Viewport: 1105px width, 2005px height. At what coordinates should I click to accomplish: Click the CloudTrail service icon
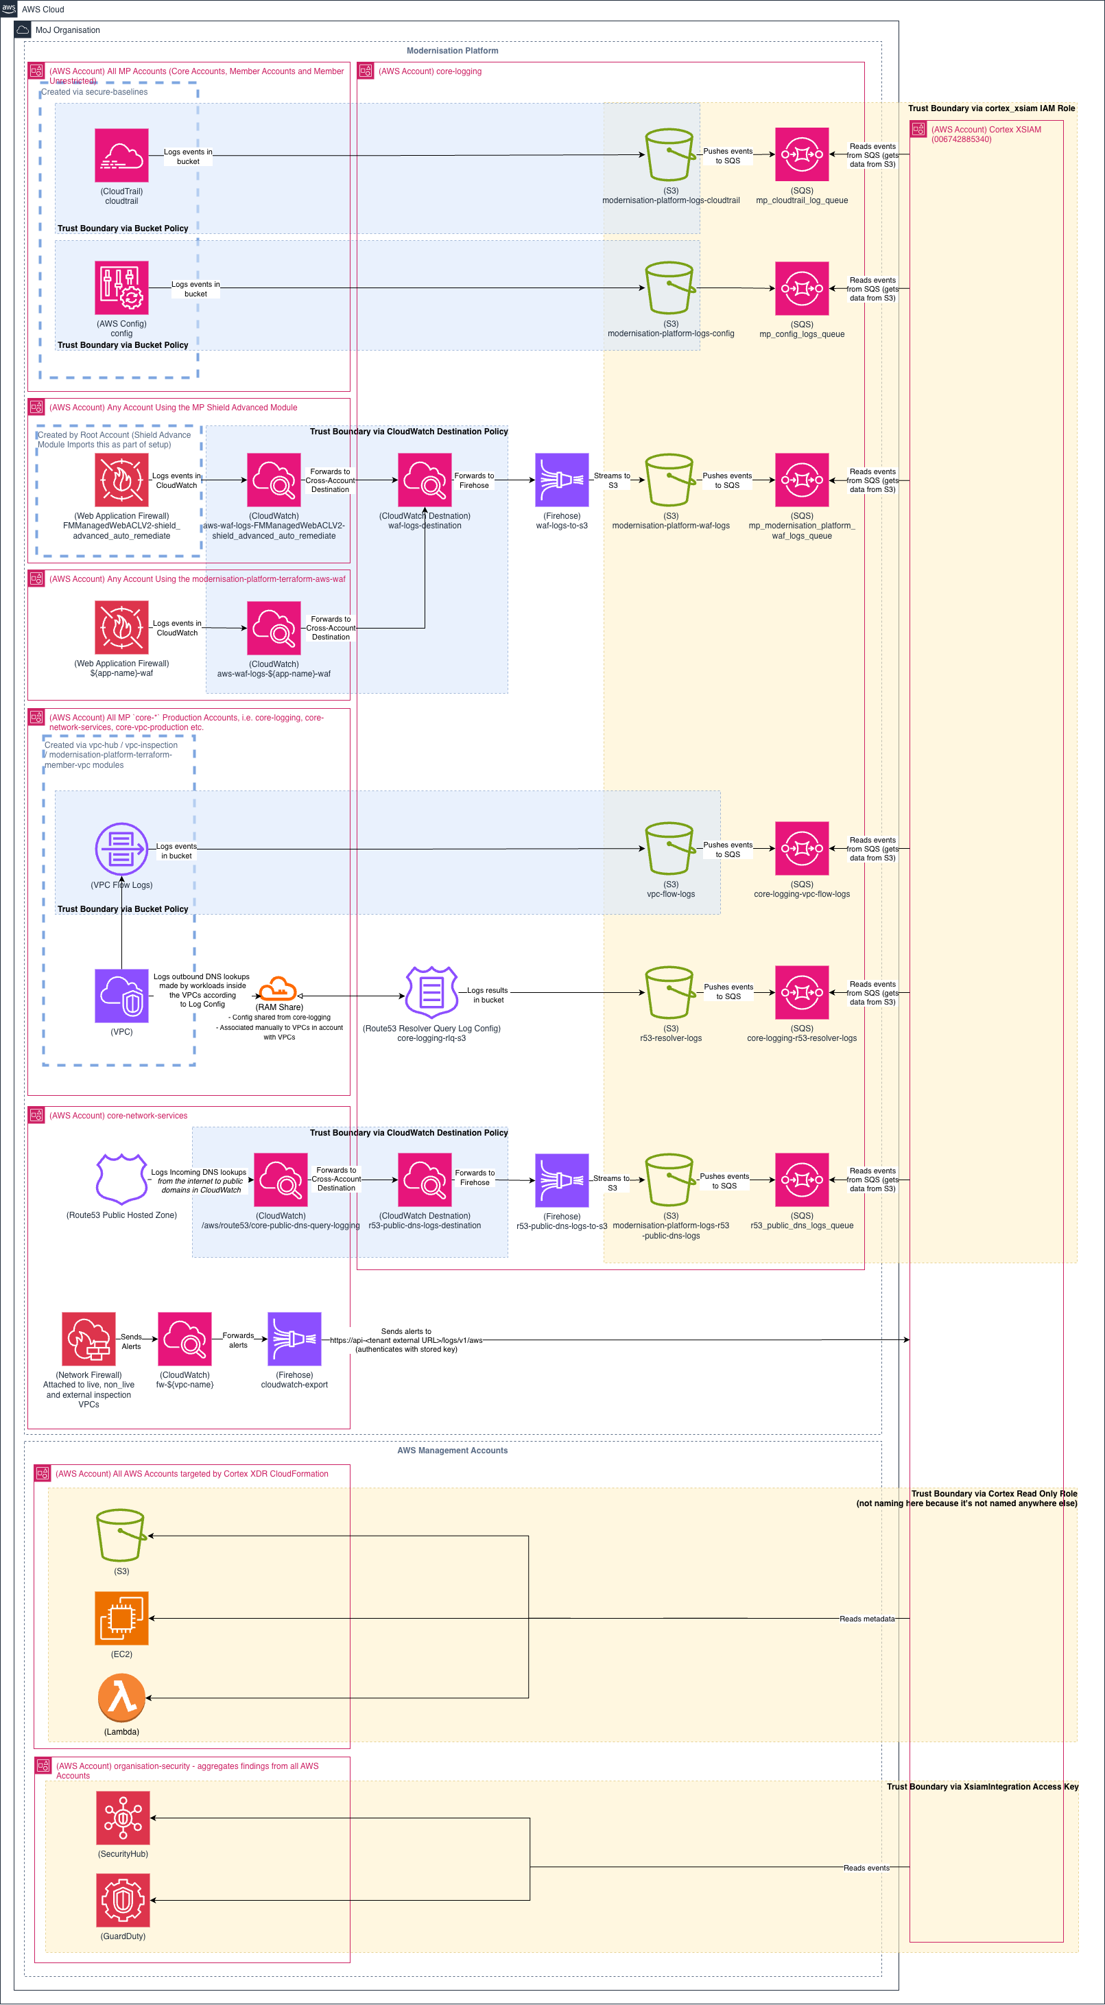tap(121, 155)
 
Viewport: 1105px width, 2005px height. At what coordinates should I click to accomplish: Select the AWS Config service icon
tap(121, 288)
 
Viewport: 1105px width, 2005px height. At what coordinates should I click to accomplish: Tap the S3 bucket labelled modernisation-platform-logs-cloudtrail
tap(669, 155)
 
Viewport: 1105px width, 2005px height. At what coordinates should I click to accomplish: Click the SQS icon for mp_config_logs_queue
tap(802, 288)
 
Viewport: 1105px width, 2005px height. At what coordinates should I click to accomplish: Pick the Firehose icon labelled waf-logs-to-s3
tap(562, 480)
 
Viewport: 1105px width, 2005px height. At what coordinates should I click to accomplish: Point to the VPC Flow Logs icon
tap(121, 848)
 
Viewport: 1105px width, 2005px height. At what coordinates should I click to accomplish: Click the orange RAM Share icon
tap(278, 989)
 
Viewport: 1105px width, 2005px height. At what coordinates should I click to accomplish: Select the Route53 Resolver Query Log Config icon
tap(431, 992)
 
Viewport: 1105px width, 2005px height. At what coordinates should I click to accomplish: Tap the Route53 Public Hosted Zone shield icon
tap(121, 1179)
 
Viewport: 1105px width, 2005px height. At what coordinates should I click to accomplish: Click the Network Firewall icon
tap(88, 1339)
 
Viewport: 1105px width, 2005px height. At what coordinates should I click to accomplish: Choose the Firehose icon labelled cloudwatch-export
tap(294, 1339)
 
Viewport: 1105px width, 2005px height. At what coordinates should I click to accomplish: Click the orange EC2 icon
tap(121, 1618)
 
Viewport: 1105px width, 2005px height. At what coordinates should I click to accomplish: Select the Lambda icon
tap(121, 1698)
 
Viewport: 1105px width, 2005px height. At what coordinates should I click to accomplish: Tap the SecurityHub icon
tap(123, 1818)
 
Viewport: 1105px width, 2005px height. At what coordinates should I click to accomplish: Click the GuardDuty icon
tap(123, 1900)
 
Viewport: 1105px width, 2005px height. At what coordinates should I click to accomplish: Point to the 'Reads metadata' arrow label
tap(866, 1619)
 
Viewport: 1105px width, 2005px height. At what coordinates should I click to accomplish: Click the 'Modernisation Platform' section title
tap(452, 51)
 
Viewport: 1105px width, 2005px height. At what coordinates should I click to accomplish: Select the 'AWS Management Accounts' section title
tap(452, 1450)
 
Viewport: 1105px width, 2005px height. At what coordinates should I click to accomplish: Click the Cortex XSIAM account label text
tap(985, 134)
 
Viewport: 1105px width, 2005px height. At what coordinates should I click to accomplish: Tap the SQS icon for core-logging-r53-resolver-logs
tap(802, 992)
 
